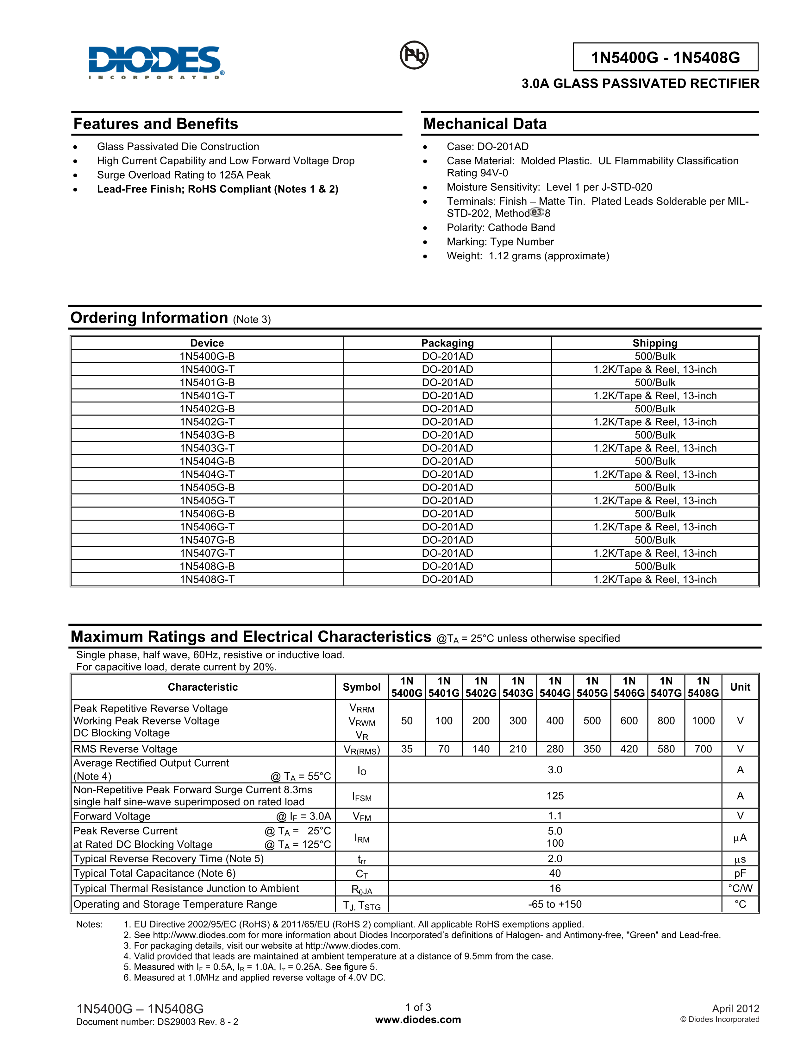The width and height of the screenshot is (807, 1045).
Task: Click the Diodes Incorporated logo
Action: (156, 62)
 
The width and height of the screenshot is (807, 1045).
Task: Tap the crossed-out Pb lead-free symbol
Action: (414, 55)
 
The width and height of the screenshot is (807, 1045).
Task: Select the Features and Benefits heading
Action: (155, 124)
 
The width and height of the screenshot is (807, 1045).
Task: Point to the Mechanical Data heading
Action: (485, 124)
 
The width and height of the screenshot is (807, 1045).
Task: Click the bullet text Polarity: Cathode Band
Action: (501, 228)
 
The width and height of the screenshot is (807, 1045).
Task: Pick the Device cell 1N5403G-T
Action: (207, 448)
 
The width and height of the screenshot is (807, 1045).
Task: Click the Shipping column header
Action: (654, 343)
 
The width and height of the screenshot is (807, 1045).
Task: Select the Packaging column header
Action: (447, 343)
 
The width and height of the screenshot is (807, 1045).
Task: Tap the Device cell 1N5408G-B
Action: (207, 567)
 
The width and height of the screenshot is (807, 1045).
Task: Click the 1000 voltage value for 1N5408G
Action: (703, 721)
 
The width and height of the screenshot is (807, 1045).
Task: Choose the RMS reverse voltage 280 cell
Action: (554, 749)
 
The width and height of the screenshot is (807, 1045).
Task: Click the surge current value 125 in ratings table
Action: (554, 796)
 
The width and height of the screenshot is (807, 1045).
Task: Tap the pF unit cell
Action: (740, 874)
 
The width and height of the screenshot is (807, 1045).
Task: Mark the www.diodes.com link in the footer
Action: (418, 1020)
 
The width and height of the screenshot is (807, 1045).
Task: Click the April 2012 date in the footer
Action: (735, 1009)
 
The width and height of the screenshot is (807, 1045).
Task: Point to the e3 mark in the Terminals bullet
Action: (537, 212)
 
